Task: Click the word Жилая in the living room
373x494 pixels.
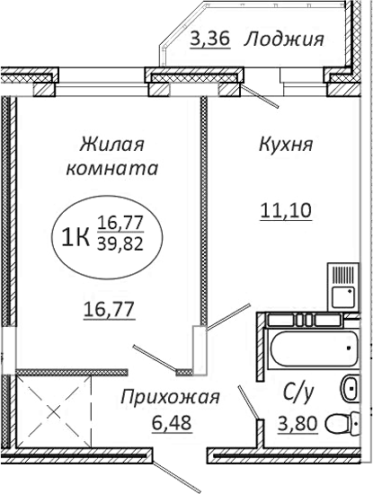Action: pyautogui.click(x=113, y=144)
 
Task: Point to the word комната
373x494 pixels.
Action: pyautogui.click(x=113, y=167)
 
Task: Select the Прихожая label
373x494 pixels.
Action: pyautogui.click(x=170, y=396)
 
